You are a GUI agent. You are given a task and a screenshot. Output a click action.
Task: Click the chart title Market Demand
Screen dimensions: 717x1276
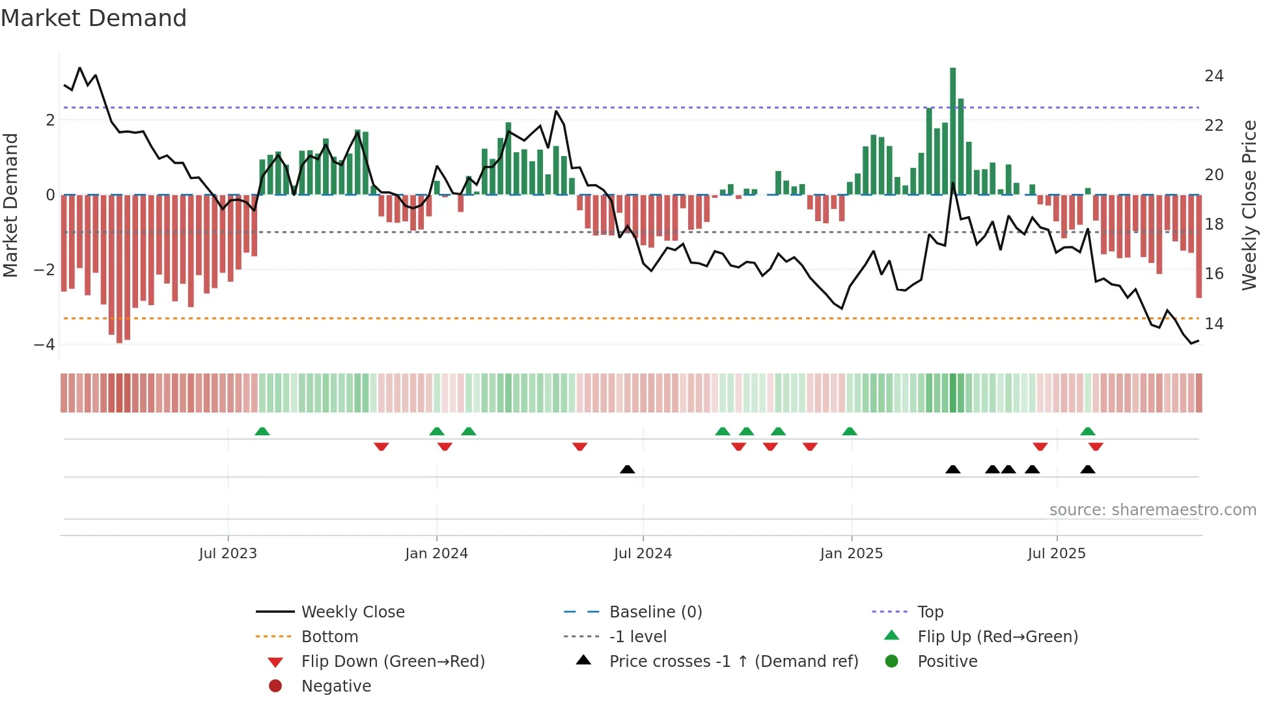tap(94, 18)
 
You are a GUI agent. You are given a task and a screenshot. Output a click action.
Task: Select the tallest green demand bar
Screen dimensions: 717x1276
tap(952, 130)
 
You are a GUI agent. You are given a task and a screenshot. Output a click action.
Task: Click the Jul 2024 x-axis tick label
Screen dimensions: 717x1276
tap(643, 554)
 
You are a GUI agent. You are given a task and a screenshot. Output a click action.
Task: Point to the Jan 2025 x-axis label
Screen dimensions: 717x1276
tap(851, 554)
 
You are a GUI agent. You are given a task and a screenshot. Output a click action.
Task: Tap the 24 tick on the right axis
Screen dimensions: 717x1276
tap(1214, 76)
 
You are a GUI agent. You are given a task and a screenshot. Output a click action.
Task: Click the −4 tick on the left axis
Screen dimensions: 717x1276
tap(45, 344)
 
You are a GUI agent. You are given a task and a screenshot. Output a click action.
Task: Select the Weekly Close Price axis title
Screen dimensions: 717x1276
tap(1249, 205)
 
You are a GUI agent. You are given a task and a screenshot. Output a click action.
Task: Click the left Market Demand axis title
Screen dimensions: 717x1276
tap(11, 205)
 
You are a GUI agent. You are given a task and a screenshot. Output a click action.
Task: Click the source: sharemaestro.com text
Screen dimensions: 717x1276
tap(1152, 509)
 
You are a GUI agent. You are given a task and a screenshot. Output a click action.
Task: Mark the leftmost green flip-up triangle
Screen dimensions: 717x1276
tap(262, 431)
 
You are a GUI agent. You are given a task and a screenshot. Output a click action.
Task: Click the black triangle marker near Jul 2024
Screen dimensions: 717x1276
tap(627, 469)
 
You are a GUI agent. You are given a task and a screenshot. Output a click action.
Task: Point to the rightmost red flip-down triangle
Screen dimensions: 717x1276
tap(1096, 446)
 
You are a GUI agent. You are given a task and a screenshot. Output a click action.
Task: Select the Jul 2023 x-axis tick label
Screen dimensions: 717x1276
tap(228, 554)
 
